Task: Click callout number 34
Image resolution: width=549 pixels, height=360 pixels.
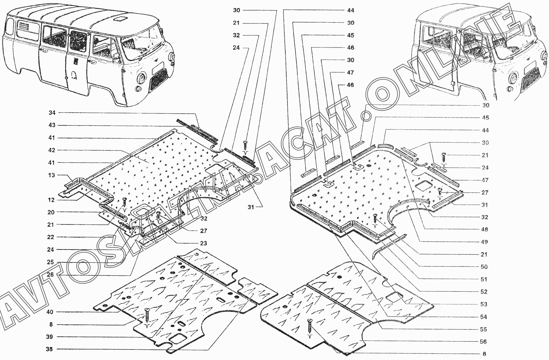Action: [x=52, y=113]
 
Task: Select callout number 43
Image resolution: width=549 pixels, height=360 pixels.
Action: [x=52, y=125]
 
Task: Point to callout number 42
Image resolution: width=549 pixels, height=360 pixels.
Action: [x=52, y=150]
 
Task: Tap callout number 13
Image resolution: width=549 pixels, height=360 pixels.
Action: [x=52, y=175]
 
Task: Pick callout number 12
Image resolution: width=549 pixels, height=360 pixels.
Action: [x=51, y=200]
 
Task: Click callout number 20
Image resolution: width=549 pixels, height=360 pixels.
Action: [x=51, y=212]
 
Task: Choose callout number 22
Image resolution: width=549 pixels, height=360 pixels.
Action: [x=51, y=237]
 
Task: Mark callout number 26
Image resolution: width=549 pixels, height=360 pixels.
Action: [x=50, y=274]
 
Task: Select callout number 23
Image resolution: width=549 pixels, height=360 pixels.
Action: [x=203, y=243]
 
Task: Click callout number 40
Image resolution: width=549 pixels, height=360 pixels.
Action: [x=50, y=312]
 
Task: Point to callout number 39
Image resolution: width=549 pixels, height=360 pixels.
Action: [x=50, y=337]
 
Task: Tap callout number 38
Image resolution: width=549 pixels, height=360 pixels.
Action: [x=49, y=349]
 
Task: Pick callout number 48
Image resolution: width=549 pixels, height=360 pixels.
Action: [x=484, y=229]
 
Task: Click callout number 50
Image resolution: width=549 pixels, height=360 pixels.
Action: [x=484, y=267]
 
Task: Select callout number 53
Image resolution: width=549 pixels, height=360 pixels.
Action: [x=484, y=304]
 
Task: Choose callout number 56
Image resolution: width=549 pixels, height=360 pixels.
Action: [x=483, y=341]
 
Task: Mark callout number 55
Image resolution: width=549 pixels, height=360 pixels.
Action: [x=483, y=329]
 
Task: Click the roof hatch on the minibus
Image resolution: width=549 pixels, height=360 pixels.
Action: [x=119, y=19]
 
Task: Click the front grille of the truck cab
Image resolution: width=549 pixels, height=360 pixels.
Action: [x=531, y=81]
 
